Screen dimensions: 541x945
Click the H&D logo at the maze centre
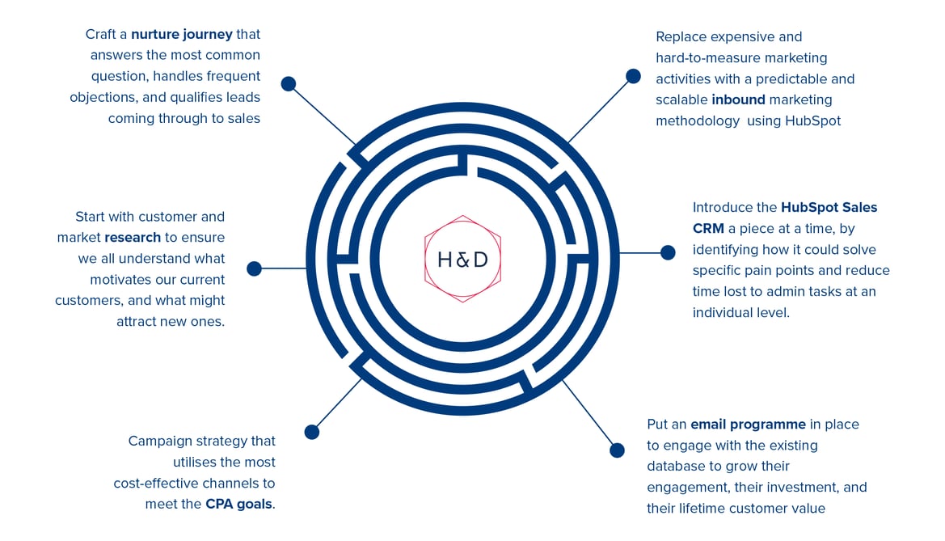(462, 260)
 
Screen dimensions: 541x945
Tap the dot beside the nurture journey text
(289, 83)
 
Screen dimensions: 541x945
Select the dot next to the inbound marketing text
(633, 76)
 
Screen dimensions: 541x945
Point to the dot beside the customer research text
(254, 268)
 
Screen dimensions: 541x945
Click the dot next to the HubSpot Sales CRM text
(668, 252)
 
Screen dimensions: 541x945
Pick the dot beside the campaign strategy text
(312, 432)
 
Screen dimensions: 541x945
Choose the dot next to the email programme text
(617, 450)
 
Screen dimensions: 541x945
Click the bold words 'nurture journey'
(182, 34)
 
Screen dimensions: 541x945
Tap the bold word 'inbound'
(738, 99)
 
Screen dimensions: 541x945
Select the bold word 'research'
(133, 237)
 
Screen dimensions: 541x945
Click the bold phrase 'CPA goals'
(238, 504)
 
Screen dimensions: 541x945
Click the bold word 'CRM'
(708, 228)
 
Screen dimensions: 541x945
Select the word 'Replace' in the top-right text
(680, 36)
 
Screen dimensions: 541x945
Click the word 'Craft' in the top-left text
(102, 34)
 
